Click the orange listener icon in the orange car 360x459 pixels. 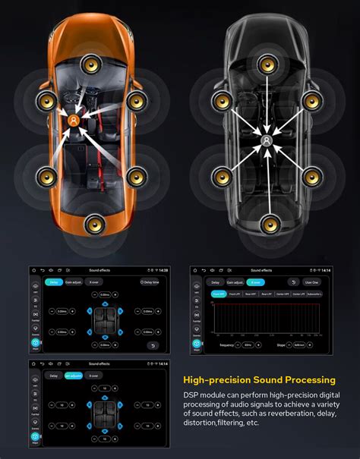[73, 121]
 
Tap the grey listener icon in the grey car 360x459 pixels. [267, 140]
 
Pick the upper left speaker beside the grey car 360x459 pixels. [223, 99]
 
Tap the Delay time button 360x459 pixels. [151, 282]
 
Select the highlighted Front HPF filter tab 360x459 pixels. [219, 294]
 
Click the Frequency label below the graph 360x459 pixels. [228, 344]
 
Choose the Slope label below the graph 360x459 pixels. [279, 344]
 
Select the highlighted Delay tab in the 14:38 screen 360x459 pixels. [54, 282]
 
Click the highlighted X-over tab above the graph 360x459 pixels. [256, 282]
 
